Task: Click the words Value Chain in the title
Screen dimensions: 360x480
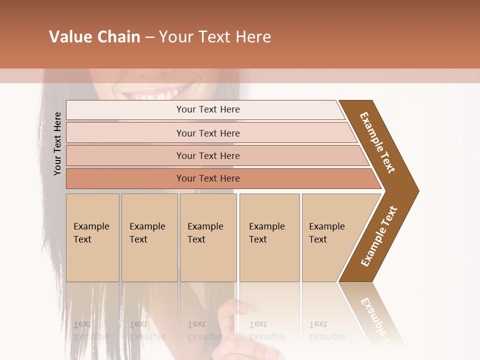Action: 94,37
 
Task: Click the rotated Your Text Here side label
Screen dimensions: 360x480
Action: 57,143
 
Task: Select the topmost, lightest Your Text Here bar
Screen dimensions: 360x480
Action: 207,109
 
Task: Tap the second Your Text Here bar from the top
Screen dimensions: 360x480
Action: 207,133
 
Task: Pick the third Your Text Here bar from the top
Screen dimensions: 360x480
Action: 207,155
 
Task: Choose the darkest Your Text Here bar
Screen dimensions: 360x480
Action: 207,178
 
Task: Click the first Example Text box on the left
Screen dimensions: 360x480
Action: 92,237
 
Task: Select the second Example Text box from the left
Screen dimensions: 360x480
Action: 149,237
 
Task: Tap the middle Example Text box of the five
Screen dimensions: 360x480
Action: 207,237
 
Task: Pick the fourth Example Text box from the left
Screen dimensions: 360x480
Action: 269,237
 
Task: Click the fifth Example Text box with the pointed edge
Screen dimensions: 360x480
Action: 330,237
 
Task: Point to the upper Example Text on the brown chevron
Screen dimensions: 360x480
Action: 377,142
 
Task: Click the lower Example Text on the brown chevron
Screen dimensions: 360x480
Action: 379,236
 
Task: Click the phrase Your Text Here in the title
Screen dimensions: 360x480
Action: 215,37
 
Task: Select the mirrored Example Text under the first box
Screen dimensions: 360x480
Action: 92,330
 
